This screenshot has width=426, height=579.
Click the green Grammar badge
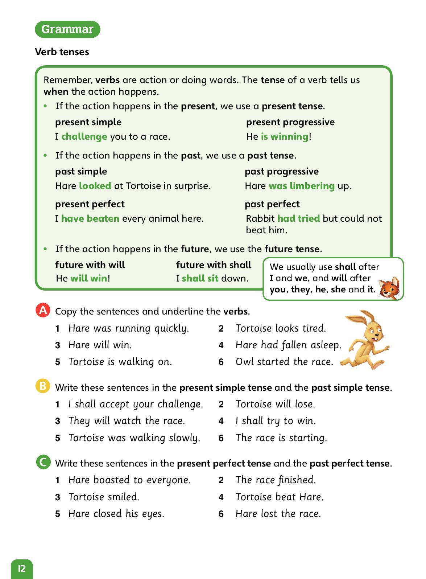pyautogui.click(x=67, y=29)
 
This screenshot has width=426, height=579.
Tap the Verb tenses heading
pyautogui.click(x=62, y=52)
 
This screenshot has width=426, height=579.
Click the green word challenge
pyautogui.click(x=84, y=136)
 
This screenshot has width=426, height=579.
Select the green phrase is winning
pyautogui.click(x=285, y=136)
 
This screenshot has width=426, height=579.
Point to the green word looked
pyautogui.click(x=95, y=186)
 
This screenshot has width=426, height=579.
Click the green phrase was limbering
pyautogui.click(x=301, y=186)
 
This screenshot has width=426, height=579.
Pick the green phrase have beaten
pyautogui.click(x=90, y=218)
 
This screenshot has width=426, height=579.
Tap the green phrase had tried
pyautogui.click(x=298, y=218)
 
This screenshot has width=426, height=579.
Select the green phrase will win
pyautogui.click(x=89, y=278)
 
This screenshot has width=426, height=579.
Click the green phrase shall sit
pyautogui.click(x=200, y=278)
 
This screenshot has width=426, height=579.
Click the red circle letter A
pyautogui.click(x=43, y=311)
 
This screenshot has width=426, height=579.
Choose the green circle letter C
pyautogui.click(x=43, y=462)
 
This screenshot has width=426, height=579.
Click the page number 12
pyautogui.click(x=22, y=568)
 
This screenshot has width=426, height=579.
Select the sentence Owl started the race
pyautogui.click(x=284, y=362)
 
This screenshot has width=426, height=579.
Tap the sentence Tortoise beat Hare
pyautogui.click(x=280, y=497)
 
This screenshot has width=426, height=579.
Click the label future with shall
pyautogui.click(x=214, y=265)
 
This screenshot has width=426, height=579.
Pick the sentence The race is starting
pyautogui.click(x=281, y=438)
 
